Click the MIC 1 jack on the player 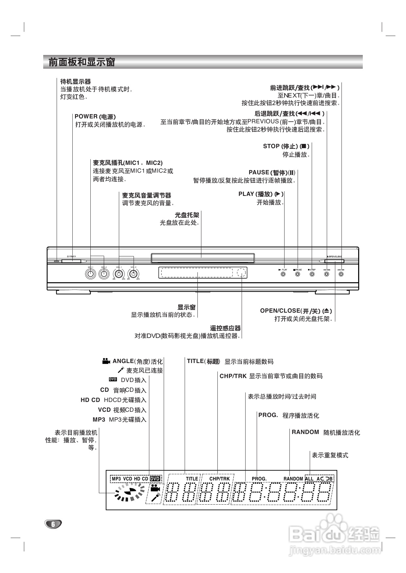(x=90, y=274)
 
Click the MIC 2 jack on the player (x=104, y=274)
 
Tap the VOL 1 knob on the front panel (x=119, y=274)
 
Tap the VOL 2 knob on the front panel (x=133, y=274)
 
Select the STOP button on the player (x=312, y=274)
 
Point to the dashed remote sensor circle (x=241, y=272)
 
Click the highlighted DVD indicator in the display (x=155, y=479)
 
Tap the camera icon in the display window (x=155, y=488)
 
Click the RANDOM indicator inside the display (x=293, y=479)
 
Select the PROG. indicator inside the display (x=259, y=479)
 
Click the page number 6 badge (x=53, y=524)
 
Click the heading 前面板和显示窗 (x=82, y=62)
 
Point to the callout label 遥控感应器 (x=225, y=328)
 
